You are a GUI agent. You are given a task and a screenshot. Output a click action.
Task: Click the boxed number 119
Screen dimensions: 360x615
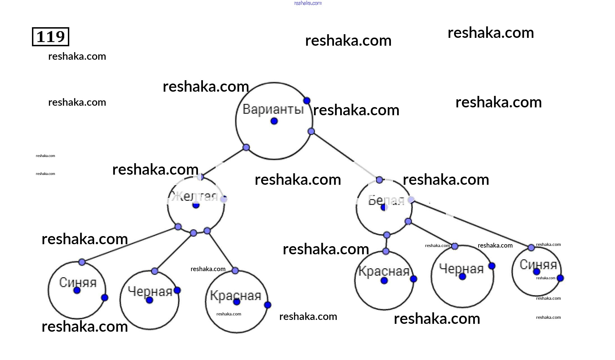click(x=50, y=37)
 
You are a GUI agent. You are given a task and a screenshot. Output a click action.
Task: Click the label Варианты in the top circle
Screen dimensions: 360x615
click(x=273, y=109)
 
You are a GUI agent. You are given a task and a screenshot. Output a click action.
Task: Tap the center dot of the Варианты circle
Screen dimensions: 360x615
click(x=274, y=121)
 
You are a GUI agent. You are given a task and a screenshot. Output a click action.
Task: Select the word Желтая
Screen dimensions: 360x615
click(x=195, y=196)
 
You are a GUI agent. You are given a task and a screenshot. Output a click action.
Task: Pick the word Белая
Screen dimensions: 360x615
click(x=386, y=200)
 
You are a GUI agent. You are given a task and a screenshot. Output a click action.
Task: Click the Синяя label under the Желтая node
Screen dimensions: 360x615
click(x=78, y=282)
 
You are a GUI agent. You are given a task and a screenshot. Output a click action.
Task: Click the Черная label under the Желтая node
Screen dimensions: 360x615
click(x=150, y=291)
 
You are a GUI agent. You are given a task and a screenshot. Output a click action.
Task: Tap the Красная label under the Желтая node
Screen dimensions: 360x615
click(x=236, y=295)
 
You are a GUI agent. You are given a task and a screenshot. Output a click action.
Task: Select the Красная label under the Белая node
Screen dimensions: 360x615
click(x=384, y=271)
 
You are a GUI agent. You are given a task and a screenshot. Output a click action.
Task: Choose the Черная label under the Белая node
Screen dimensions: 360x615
click(x=461, y=269)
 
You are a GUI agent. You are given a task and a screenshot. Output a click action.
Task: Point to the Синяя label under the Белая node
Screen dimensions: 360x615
click(x=538, y=264)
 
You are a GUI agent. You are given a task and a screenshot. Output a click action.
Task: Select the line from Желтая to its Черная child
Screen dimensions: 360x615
click(x=174, y=252)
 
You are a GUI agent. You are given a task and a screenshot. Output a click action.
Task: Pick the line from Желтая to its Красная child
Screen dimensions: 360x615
click(x=221, y=251)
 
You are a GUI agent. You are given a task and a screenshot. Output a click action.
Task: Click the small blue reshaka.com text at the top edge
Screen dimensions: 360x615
click(x=308, y=3)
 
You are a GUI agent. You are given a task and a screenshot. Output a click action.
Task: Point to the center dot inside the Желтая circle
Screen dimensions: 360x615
click(x=196, y=205)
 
